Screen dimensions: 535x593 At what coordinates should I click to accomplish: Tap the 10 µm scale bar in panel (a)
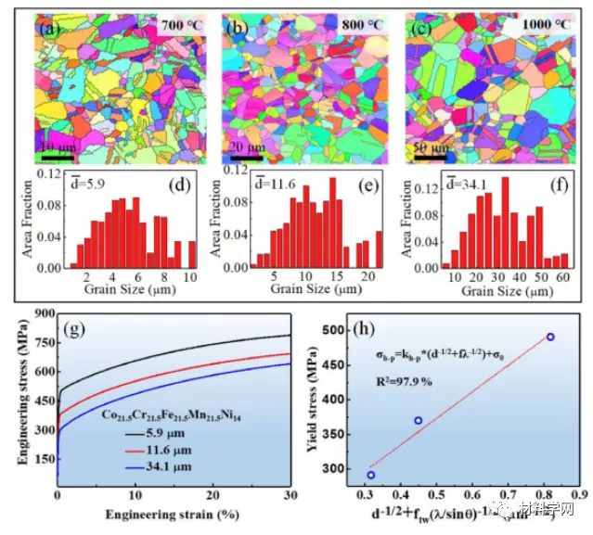point(57,157)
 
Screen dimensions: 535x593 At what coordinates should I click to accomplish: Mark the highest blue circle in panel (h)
point(550,338)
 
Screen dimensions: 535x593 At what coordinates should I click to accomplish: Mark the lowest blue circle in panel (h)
point(371,475)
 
